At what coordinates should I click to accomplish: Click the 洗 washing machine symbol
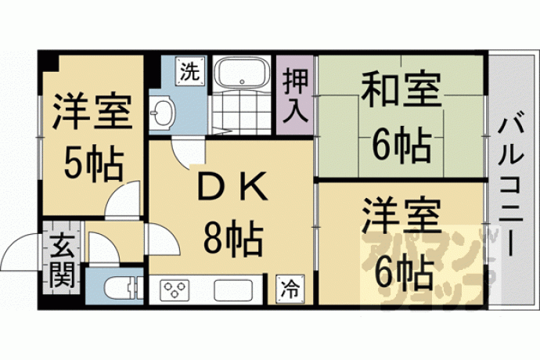[x=190, y=71]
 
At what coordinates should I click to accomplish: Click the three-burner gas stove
[x=175, y=290]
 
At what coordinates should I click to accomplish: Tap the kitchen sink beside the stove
[x=234, y=290]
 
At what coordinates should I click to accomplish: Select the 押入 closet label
[x=295, y=95]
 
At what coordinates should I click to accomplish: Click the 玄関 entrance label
[x=62, y=262]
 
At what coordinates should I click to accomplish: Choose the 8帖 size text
[x=232, y=239]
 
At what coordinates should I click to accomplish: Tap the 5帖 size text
[x=94, y=164]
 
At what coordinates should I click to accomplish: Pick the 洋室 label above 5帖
[x=93, y=111]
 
